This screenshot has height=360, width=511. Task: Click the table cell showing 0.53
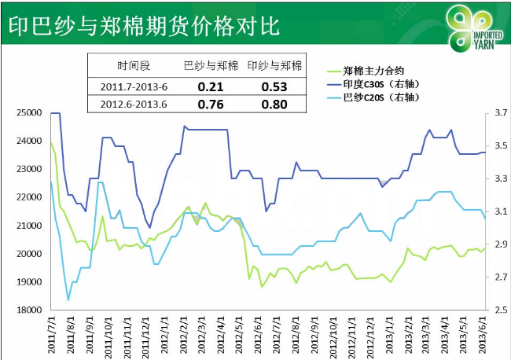coord(274,85)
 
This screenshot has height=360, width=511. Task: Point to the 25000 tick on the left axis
coord(29,113)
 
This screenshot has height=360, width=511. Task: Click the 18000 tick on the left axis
coord(29,310)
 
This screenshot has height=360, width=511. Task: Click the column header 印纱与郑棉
coord(274,66)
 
